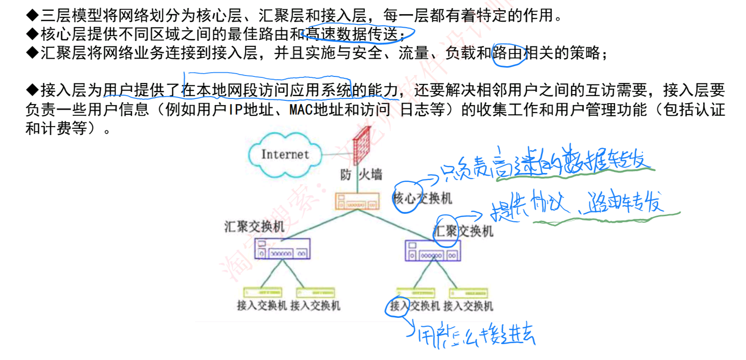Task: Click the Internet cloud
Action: click(285, 155)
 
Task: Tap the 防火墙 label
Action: click(361, 175)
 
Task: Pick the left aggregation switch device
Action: click(282, 249)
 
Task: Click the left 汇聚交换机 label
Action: click(254, 227)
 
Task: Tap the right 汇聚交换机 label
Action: click(463, 231)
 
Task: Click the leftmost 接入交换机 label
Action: click(262, 306)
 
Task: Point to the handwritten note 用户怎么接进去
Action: click(476, 335)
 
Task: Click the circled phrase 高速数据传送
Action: click(359, 34)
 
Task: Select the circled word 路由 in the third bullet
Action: click(508, 53)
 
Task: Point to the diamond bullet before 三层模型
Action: click(32, 15)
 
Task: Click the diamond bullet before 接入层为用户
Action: click(32, 90)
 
